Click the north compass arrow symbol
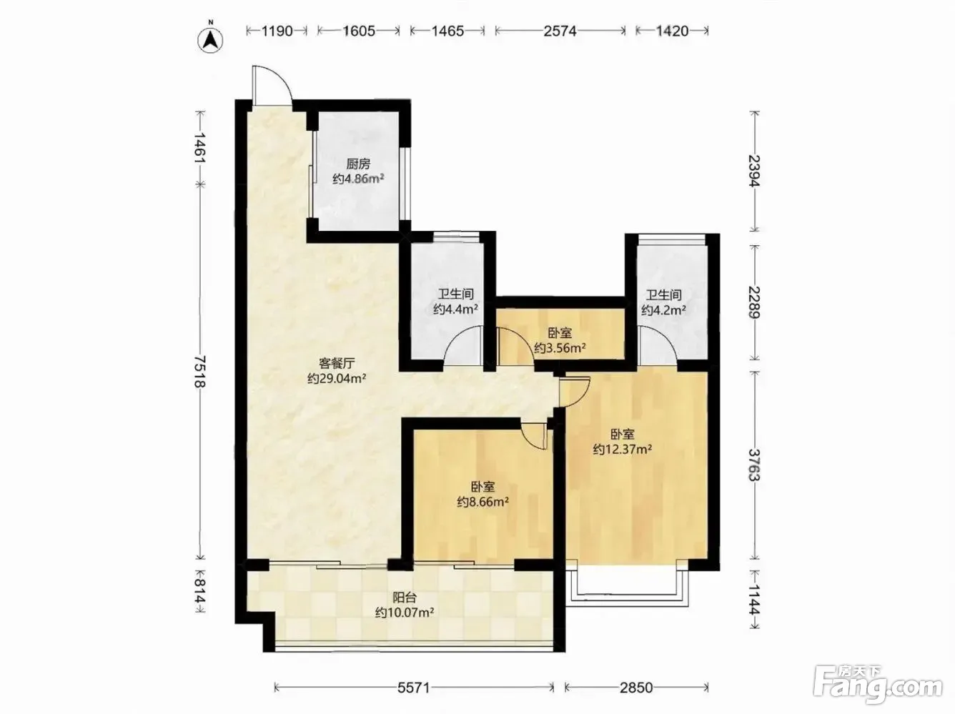tap(211, 41)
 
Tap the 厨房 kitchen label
tap(358, 164)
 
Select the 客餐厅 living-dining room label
tap(337, 363)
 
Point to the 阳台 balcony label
tap(404, 598)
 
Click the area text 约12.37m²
tap(622, 449)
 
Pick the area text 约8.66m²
tap(483, 502)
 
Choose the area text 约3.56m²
tap(560, 348)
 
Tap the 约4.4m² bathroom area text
tap(455, 309)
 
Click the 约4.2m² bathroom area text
tap(663, 310)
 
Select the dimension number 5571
tap(414, 688)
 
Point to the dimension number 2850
tap(636, 688)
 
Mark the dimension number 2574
tap(560, 31)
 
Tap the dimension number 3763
tap(754, 465)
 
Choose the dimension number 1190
tap(277, 31)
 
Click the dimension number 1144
tap(754, 600)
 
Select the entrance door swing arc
tap(279, 75)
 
